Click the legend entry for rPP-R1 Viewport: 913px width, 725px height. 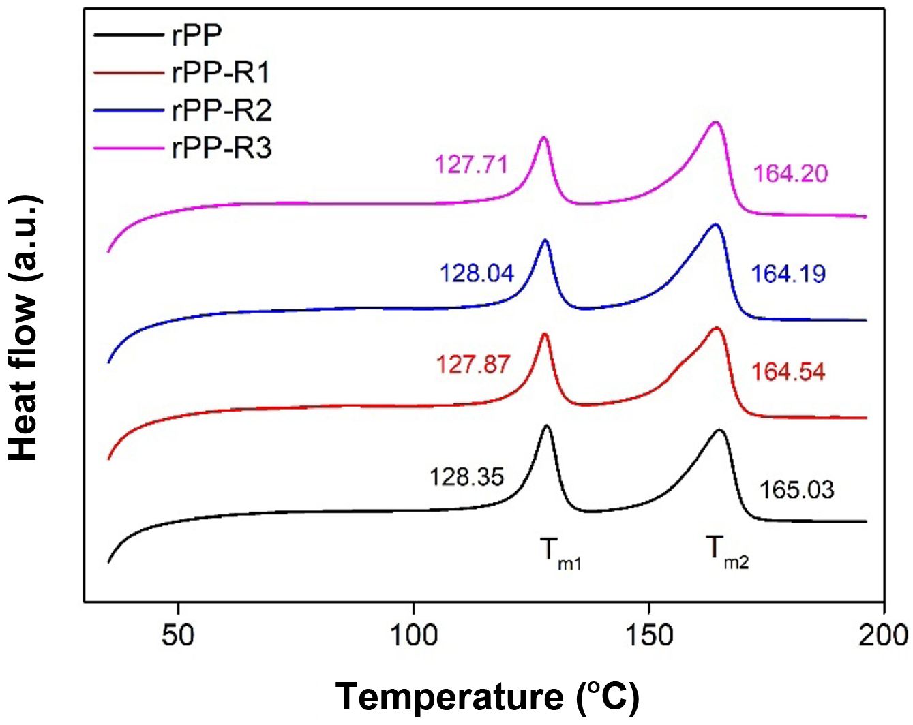221,72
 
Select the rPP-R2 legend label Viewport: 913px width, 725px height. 222,110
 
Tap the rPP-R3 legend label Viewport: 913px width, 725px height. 222,146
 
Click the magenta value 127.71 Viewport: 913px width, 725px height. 471,164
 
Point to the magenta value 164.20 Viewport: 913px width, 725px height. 790,173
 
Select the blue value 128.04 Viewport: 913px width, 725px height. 477,273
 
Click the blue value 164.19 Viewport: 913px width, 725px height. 788,274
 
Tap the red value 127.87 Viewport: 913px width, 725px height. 473,364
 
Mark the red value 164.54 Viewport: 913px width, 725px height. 788,372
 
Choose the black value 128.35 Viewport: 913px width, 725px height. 466,476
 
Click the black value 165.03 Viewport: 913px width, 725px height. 796,489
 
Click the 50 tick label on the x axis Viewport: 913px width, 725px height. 178,635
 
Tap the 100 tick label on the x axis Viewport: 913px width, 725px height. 414,635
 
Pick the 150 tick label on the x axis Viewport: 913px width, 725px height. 649,635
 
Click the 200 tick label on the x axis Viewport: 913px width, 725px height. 884,635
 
